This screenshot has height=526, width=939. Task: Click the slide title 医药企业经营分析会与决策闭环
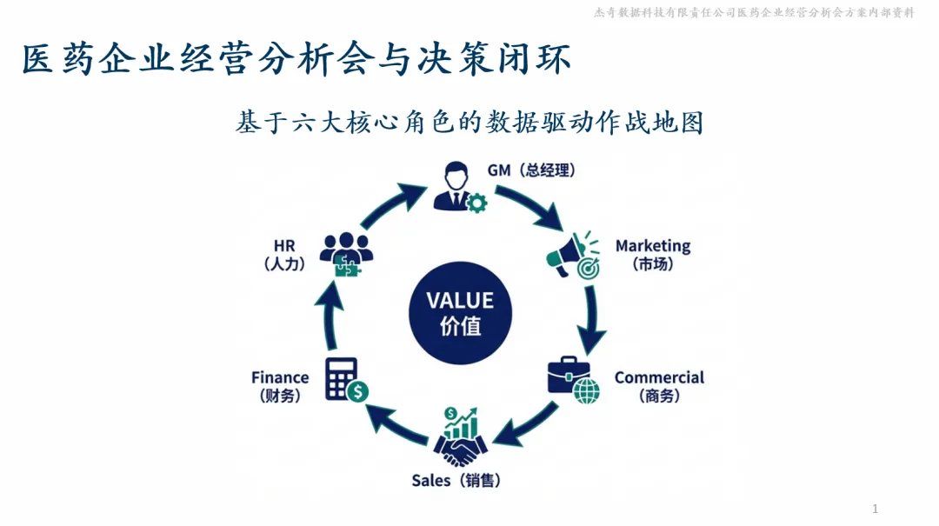296,61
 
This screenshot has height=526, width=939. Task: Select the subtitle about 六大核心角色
469,123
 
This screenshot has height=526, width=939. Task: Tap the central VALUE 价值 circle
460,313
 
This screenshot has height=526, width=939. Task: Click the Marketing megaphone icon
573,255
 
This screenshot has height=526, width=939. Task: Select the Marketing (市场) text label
653,255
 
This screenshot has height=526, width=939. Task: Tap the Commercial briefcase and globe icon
573,380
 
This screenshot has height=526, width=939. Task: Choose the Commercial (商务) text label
659,386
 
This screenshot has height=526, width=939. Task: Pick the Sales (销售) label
456,480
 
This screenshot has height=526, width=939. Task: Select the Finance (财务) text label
280,386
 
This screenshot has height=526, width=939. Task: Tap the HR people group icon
346,253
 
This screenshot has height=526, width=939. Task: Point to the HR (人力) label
284,255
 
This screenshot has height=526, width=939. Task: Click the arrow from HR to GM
389,205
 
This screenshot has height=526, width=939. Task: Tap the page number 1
875,509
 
